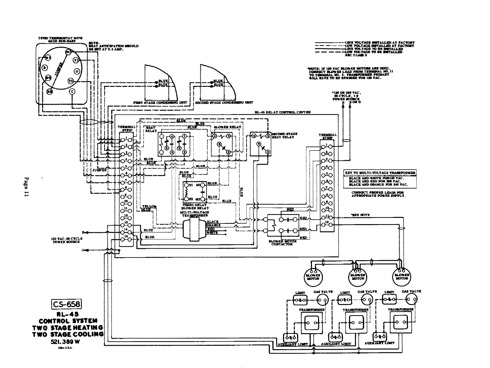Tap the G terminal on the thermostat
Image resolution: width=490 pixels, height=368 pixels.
[72, 92]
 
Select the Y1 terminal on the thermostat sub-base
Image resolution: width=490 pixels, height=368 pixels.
[75, 60]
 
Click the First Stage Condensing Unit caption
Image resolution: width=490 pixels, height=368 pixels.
[156, 103]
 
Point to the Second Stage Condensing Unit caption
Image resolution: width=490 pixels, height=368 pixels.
[224, 103]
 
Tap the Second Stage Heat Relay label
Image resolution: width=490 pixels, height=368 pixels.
[284, 135]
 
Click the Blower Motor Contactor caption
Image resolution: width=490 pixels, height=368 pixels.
[281, 243]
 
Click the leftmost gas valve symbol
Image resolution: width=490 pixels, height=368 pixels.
[322, 301]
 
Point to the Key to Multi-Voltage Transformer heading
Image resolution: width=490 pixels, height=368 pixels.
[380, 173]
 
